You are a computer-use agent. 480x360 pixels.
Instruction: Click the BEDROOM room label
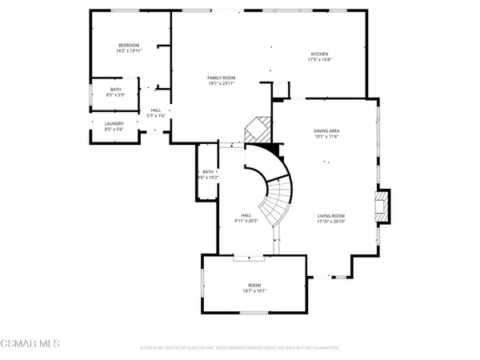pos(129,46)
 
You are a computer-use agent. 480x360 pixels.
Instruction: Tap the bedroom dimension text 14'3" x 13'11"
pos(129,51)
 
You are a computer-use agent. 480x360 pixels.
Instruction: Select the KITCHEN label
pos(319,54)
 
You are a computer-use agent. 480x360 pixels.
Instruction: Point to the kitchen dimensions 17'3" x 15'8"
pos(319,60)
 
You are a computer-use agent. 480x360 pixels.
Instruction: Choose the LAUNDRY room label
pos(114,123)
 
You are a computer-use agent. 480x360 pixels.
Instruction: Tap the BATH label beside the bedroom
pos(115,90)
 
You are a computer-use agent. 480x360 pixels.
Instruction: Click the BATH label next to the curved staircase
pos(208,172)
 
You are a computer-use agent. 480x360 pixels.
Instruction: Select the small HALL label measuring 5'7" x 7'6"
pos(155,110)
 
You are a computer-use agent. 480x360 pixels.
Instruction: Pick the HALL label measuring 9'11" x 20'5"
pos(247,216)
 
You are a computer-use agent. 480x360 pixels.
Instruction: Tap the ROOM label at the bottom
pos(254,286)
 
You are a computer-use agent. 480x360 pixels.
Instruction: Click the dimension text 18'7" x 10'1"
pos(254,292)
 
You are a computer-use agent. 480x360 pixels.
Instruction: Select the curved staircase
pos(276,192)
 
